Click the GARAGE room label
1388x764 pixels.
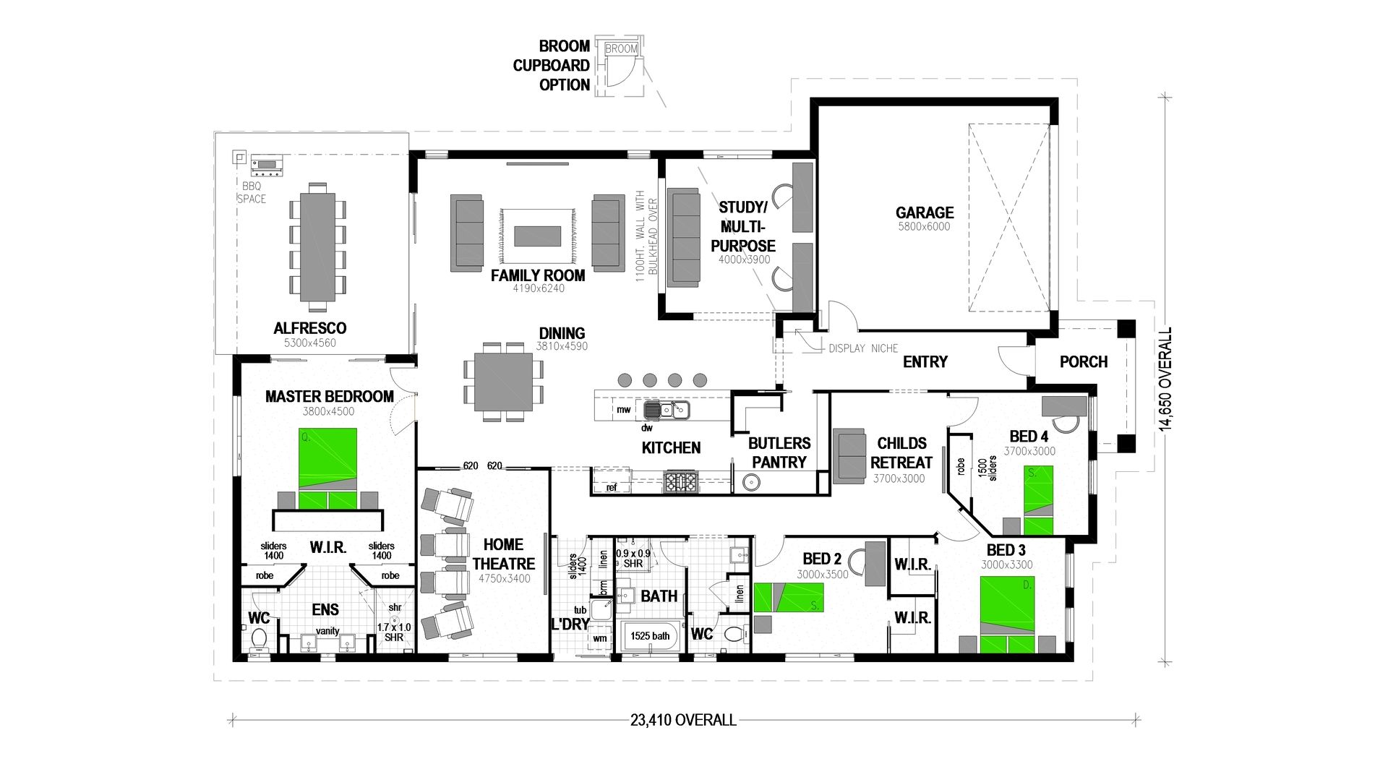tap(924, 213)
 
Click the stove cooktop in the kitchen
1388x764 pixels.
tap(680, 481)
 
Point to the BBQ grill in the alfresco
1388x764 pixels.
tap(267, 167)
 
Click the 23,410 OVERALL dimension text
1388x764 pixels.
tap(683, 720)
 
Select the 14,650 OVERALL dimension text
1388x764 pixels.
tap(1165, 379)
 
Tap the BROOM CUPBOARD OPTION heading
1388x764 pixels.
tap(552, 65)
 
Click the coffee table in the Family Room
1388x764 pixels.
tap(537, 236)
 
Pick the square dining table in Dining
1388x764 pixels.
tap(503, 382)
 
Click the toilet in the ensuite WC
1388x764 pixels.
tap(258, 640)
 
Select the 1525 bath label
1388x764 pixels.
tap(650, 636)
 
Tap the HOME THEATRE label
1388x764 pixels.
tap(503, 554)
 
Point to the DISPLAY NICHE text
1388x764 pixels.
tap(863, 348)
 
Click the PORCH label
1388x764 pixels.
tap(1083, 361)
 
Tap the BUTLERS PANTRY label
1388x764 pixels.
tap(779, 452)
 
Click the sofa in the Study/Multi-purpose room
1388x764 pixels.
tap(683, 238)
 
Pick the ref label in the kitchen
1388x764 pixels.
tap(612, 487)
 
